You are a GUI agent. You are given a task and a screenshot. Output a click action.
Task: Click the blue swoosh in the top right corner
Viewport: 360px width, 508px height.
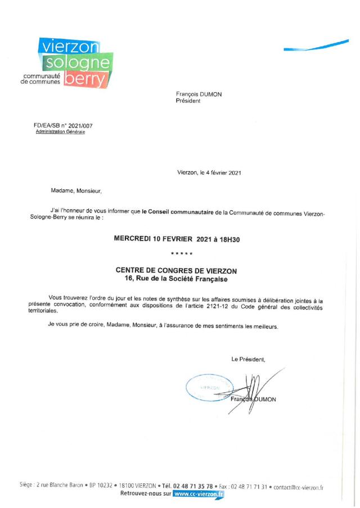(316, 46)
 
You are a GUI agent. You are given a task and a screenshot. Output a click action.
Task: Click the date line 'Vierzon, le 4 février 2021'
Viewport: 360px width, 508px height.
(209, 173)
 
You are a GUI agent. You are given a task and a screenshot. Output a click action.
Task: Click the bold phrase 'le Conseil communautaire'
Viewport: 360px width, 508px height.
(178, 212)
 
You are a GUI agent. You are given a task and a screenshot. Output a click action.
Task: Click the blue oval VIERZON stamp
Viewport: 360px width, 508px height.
(209, 388)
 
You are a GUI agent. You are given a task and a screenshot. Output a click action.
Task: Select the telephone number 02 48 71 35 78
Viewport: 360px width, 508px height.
(193, 486)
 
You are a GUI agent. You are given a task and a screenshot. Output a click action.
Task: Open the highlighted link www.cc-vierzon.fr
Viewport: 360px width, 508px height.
(199, 494)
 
